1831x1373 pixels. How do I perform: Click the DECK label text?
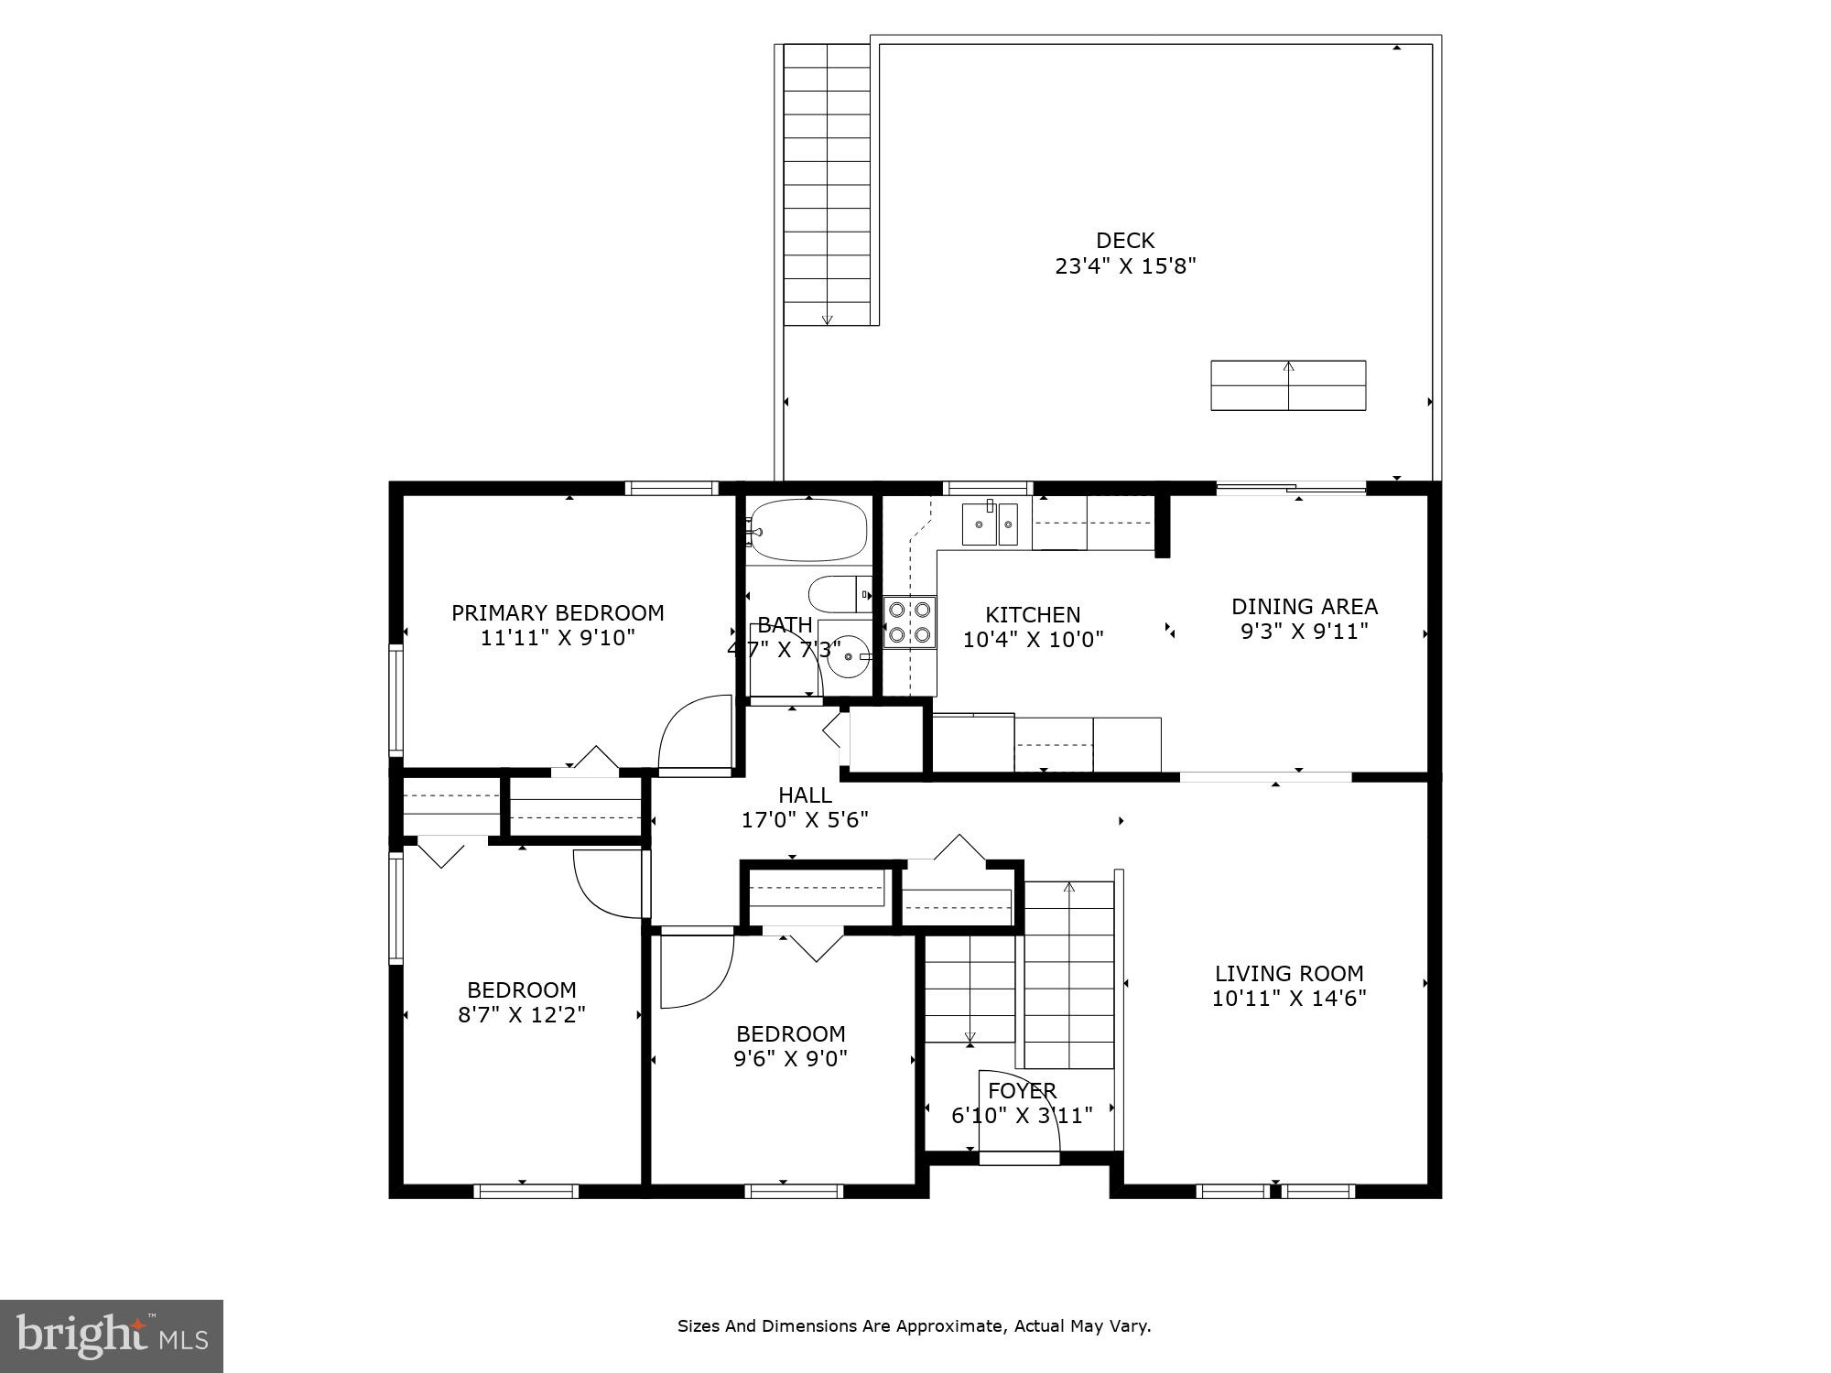1125,241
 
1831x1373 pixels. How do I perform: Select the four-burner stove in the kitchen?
910,622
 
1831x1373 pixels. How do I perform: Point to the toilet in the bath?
838,594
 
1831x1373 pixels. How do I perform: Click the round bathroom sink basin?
848,655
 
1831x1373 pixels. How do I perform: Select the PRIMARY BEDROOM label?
558,612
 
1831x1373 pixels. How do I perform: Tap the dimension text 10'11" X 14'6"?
1289,999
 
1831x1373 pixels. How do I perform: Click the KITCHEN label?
1033,615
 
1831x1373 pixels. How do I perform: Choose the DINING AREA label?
1304,606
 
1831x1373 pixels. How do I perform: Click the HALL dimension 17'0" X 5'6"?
805,820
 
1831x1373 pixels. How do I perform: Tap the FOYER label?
1022,1091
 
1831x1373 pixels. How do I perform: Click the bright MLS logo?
111,1335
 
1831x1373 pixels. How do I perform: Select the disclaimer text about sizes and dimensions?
914,1325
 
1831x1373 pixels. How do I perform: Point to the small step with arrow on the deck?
1288,385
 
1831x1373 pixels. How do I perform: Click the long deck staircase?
827,183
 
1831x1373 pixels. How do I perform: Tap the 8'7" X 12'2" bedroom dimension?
522,1014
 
